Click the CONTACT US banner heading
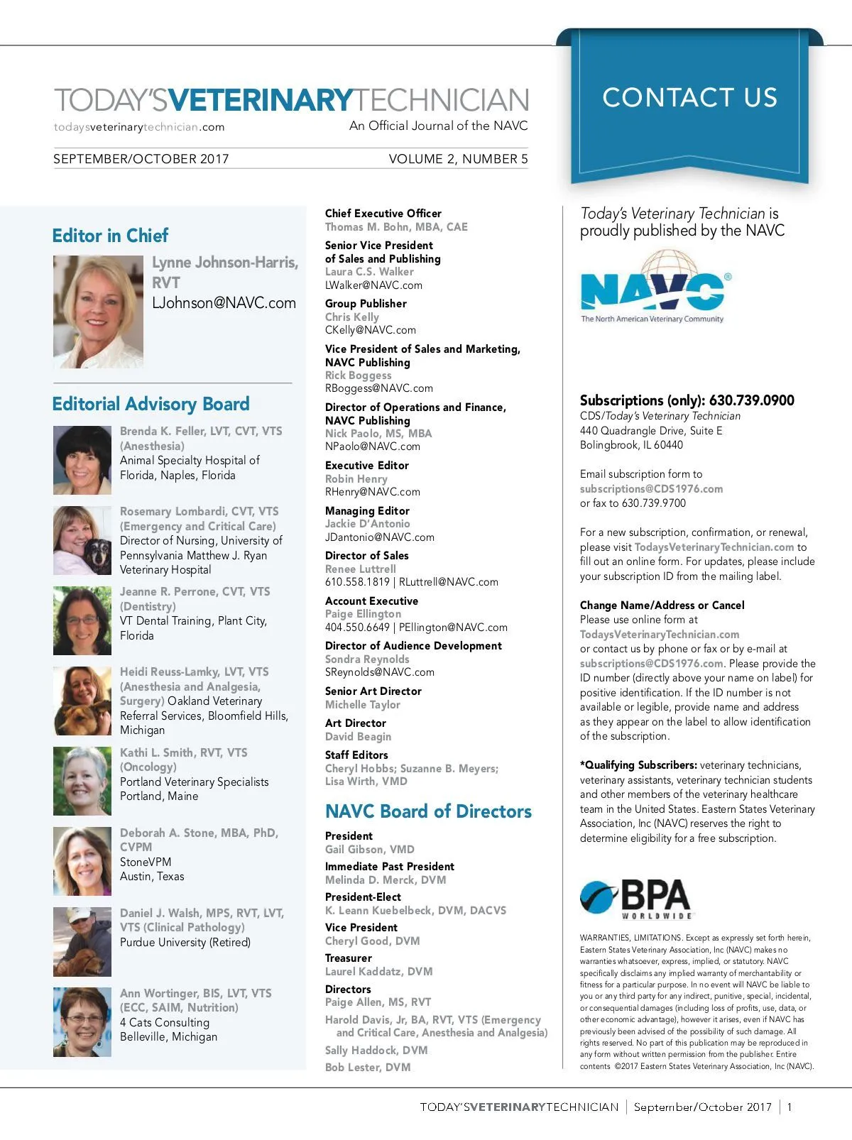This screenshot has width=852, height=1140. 689,97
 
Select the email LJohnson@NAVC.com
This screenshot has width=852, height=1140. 224,303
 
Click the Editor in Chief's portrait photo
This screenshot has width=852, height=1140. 98,312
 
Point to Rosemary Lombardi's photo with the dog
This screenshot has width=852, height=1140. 82,540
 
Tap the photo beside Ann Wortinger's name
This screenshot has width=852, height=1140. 82,1021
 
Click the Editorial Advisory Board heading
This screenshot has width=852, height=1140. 151,404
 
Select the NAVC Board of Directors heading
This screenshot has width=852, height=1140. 428,811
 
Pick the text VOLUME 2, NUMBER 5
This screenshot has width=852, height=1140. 458,159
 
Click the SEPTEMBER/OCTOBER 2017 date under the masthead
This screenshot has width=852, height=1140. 141,159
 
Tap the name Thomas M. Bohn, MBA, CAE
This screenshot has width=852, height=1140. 396,227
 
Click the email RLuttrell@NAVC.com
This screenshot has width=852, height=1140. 449,582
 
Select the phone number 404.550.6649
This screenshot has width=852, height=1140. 357,627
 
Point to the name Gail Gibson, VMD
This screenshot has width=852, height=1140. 369,850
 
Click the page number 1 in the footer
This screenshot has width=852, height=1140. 790,1107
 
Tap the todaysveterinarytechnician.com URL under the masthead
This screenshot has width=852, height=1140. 139,127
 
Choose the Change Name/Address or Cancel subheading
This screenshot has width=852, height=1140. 662,605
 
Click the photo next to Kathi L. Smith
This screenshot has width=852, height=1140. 82,781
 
